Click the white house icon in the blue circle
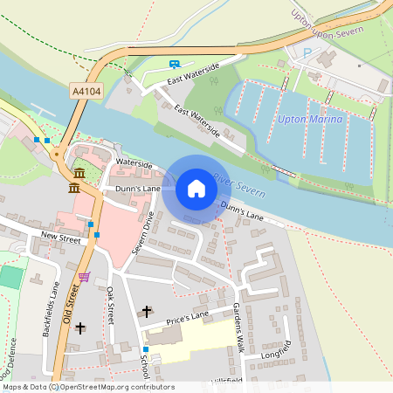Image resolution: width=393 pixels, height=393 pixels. tap(196, 189)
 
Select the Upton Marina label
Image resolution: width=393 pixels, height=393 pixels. tap(310, 119)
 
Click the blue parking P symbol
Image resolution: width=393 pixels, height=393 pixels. tap(307, 53)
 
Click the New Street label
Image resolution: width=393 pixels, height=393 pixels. tap(59, 237)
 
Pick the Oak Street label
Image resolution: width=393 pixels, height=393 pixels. tap(111, 307)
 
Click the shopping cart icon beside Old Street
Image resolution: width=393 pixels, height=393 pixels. tap(84, 277)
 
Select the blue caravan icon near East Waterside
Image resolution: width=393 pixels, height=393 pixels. tap(175, 64)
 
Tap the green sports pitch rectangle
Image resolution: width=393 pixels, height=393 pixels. tap(10, 279)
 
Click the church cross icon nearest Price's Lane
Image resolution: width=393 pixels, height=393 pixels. tap(147, 311)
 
